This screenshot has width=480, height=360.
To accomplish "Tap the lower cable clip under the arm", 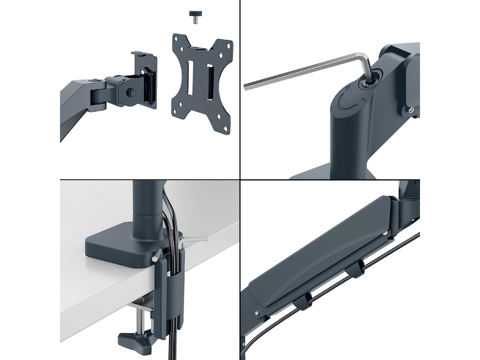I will [302, 299].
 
